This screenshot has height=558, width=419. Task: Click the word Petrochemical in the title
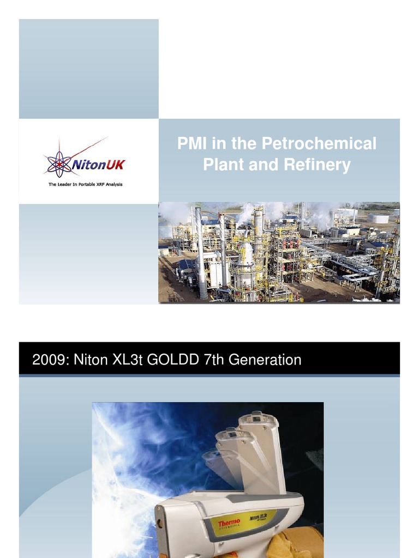click(319, 144)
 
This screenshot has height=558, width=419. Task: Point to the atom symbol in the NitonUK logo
click(58, 163)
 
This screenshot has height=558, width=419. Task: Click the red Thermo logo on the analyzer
click(229, 524)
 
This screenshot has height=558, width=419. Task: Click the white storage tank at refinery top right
click(378, 218)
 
